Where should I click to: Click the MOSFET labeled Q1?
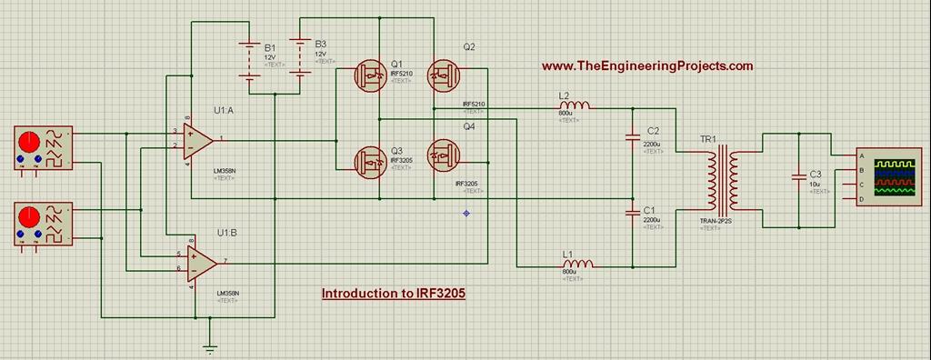(x=370, y=75)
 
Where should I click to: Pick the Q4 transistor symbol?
(x=443, y=156)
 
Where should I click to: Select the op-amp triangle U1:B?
(x=200, y=262)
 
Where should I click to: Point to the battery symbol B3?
(x=299, y=56)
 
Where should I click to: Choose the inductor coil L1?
(x=577, y=265)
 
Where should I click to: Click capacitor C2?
(x=633, y=138)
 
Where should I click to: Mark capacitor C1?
(x=633, y=213)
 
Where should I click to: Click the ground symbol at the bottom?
(x=210, y=345)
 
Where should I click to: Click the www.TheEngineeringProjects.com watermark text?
(x=647, y=66)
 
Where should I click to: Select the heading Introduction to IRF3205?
(x=394, y=295)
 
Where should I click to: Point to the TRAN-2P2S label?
(x=716, y=221)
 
